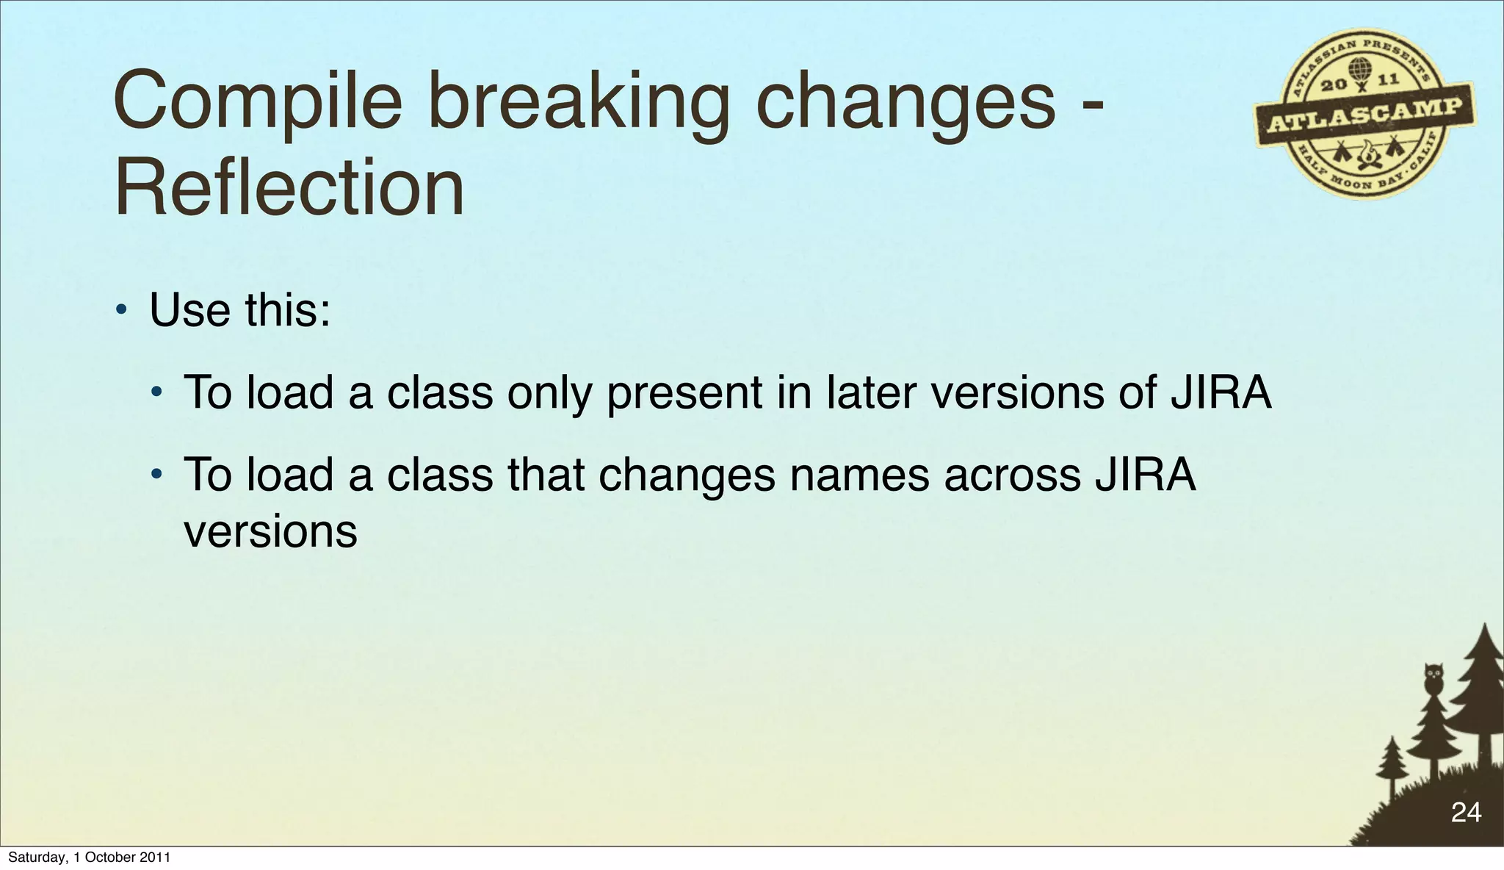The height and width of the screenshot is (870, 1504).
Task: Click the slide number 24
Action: coord(1466,812)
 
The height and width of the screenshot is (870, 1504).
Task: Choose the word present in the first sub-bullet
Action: coord(684,392)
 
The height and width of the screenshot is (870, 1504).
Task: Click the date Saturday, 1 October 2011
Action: coord(89,858)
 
